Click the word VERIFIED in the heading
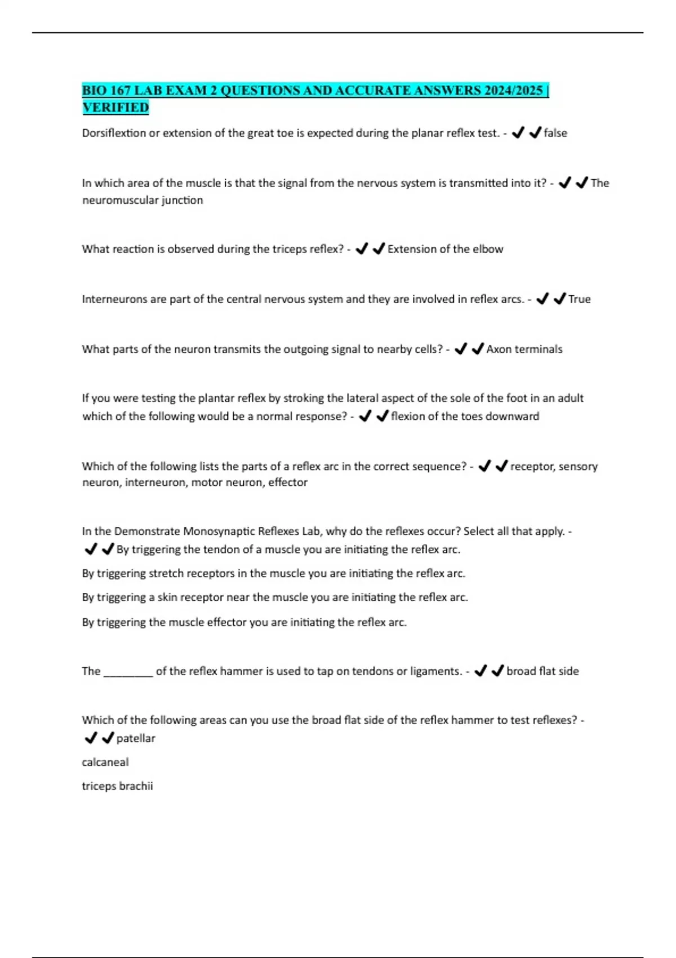[115, 107]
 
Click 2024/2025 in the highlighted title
[513, 90]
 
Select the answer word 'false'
[555, 133]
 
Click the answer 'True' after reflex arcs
[579, 299]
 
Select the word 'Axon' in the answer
[499, 349]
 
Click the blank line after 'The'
[128, 671]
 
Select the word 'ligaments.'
[435, 671]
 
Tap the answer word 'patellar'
[136, 738]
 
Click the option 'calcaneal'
[105, 762]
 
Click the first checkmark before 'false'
[518, 132]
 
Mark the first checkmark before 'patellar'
[90, 738]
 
